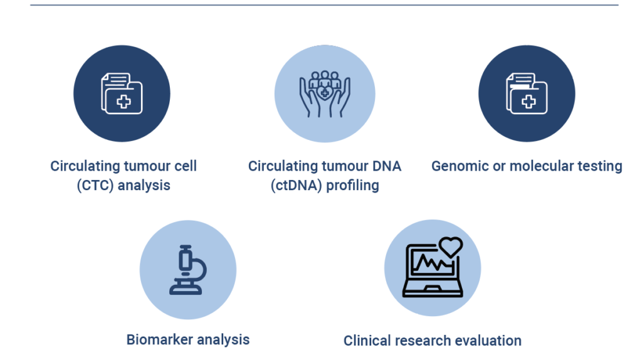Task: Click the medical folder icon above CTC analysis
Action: click(122, 93)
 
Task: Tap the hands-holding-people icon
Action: click(325, 94)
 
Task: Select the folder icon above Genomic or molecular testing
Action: click(527, 93)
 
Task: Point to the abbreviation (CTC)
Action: click(95, 185)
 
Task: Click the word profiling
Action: click(352, 186)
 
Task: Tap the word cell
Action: click(185, 166)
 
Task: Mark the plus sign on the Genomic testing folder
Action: click(529, 101)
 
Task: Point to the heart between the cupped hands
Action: click(325, 93)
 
